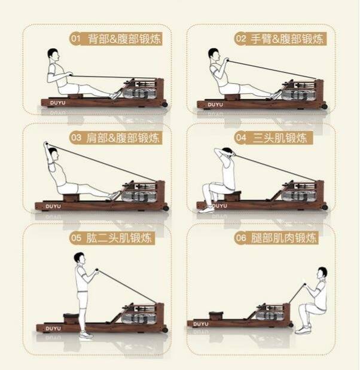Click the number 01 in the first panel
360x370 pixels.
(75, 38)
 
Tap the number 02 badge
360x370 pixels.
(241, 38)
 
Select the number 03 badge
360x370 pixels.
(76, 137)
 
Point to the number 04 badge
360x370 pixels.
(241, 137)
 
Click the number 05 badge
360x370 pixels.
(76, 238)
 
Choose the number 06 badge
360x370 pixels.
(241, 238)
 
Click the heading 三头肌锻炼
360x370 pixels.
(280, 137)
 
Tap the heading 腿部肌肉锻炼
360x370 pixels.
(283, 238)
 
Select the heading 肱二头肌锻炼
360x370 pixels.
(119, 238)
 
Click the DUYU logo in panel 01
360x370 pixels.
(57, 103)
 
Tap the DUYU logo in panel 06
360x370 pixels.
(201, 324)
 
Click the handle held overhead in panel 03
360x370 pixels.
(46, 143)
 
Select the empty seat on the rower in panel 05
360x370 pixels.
(71, 317)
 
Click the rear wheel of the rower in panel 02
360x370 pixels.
(325, 106)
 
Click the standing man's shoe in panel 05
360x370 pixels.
(85, 335)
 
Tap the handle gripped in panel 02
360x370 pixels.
(227, 60)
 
